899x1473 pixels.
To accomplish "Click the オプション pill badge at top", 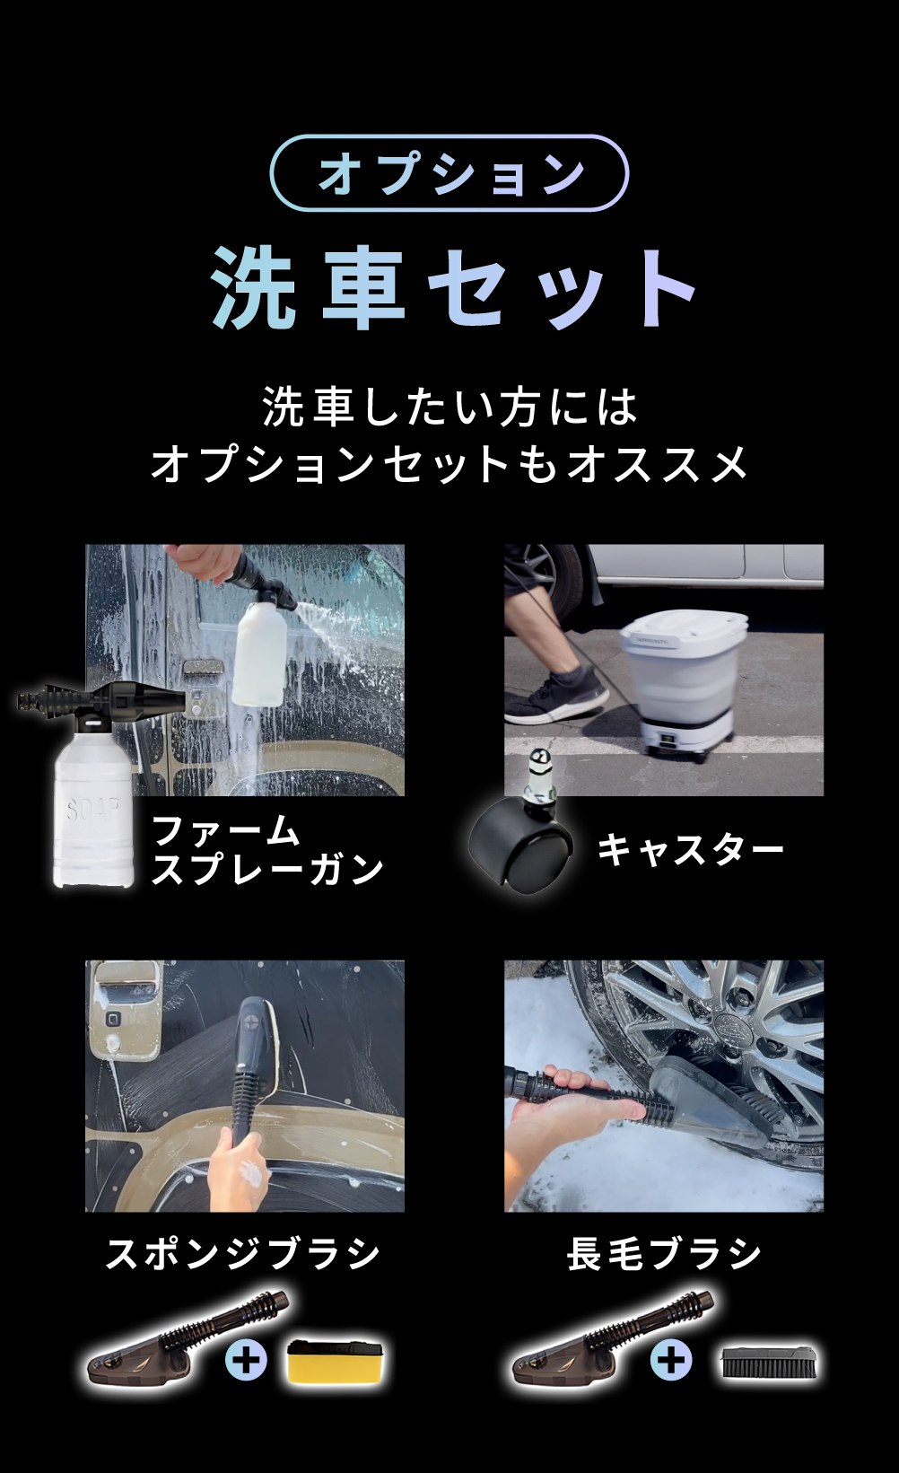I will click(x=449, y=173).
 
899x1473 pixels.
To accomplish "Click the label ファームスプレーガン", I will click(x=266, y=850).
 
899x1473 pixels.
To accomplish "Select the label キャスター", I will click(x=690, y=849).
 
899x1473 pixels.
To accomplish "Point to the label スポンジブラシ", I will click(x=243, y=1253).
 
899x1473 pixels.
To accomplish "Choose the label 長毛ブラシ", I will click(x=664, y=1253).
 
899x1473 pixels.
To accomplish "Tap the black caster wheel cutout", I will click(x=520, y=840).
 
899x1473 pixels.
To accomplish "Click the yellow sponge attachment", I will click(x=338, y=1361).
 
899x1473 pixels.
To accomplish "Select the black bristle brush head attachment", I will click(x=769, y=1361).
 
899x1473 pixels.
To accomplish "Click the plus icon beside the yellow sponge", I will click(x=246, y=1361).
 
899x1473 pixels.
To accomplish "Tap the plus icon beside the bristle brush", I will click(x=671, y=1361).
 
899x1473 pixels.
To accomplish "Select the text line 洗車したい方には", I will click(x=449, y=407).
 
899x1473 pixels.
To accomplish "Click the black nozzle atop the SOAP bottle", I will click(x=99, y=700).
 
